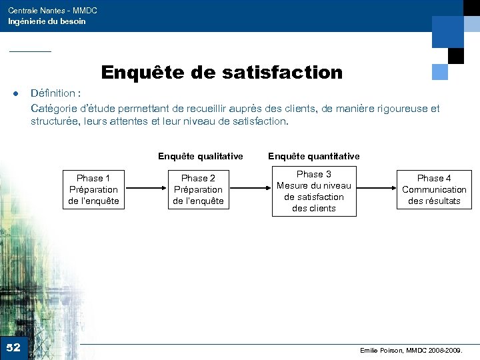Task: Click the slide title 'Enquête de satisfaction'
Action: point(221,72)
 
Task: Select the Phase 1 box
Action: point(93,189)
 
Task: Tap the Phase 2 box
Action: point(198,189)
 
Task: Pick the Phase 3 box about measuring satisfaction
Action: point(314,191)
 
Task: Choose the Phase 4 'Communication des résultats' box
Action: point(434,189)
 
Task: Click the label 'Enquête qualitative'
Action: point(200,156)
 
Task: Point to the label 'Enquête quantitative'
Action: point(313,156)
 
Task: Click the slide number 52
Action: point(13,347)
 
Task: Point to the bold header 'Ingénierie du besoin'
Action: point(47,21)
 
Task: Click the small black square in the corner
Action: point(455,56)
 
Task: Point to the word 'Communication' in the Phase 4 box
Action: point(434,189)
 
